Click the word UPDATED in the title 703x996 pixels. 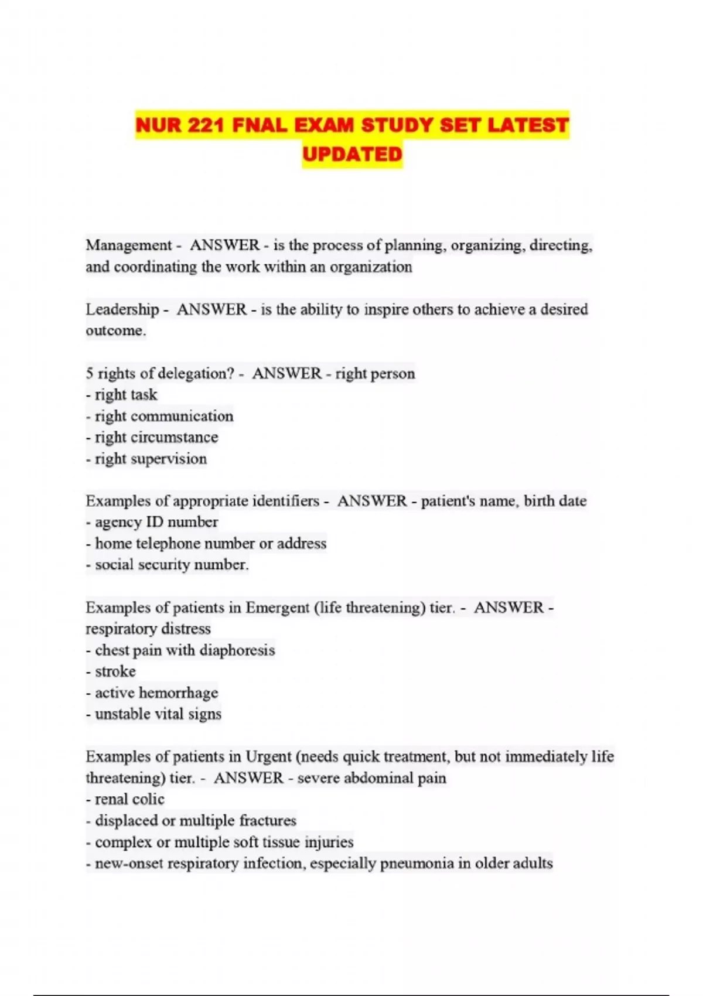click(x=352, y=154)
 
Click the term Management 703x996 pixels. click(x=128, y=245)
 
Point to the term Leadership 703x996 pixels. click(x=122, y=309)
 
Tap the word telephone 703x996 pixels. click(x=168, y=544)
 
